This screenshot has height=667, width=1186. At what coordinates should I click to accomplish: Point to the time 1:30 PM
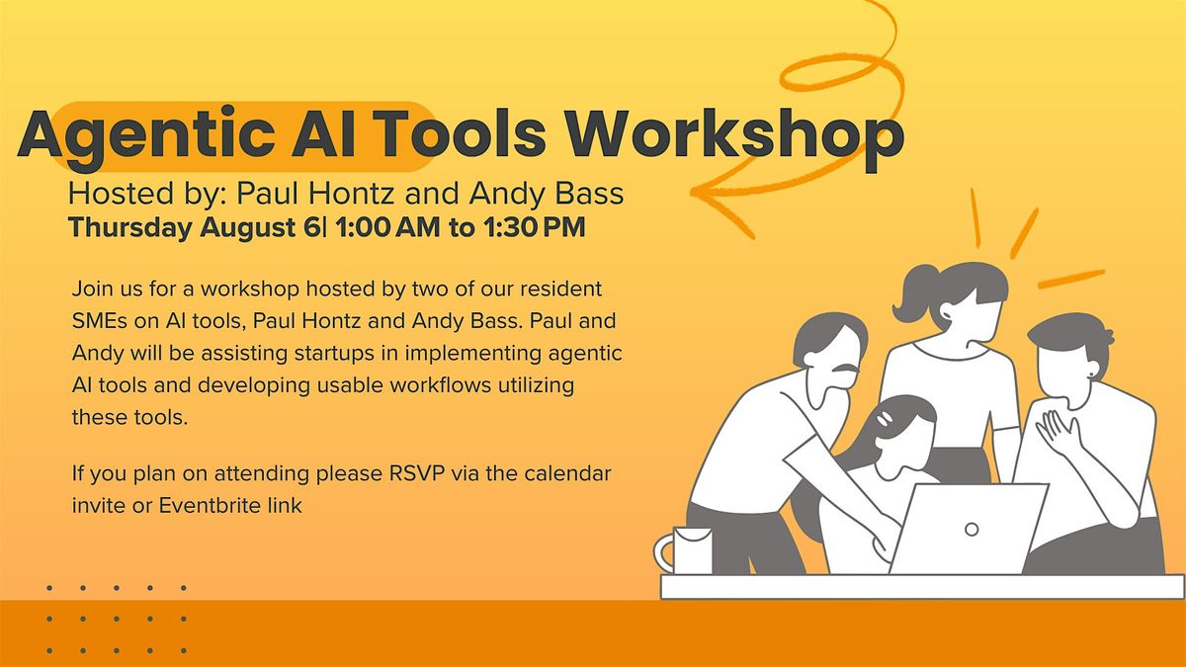click(x=535, y=227)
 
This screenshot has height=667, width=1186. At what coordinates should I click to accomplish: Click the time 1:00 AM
click(x=387, y=227)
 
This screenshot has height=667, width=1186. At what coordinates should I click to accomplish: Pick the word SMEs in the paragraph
click(x=99, y=321)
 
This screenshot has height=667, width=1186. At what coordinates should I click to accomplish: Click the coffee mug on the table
click(x=683, y=550)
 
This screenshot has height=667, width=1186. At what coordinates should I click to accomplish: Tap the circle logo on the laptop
click(x=972, y=530)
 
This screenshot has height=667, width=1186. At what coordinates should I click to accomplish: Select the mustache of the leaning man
click(x=846, y=369)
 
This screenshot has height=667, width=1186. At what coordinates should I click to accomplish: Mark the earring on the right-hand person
click(x=1091, y=376)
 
